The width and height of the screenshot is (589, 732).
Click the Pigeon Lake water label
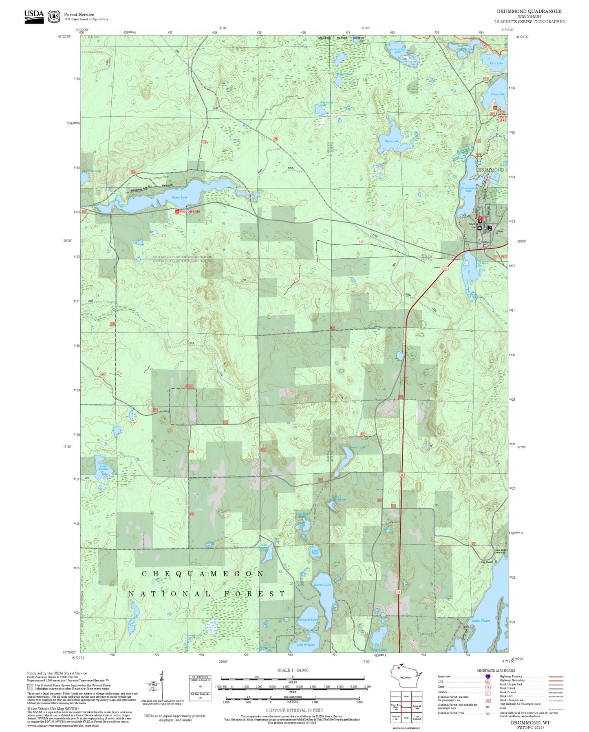179,197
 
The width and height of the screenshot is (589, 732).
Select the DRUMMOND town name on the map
490,170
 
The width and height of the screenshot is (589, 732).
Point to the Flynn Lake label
391,141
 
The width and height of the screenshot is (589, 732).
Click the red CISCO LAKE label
503,119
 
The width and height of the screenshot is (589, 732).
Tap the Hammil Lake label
322,585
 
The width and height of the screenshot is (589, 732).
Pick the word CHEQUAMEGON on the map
203,574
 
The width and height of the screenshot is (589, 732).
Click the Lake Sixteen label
103,467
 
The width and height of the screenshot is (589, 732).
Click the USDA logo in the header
34,16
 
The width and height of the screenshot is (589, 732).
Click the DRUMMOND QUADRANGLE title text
529,11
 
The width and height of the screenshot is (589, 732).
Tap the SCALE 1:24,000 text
292,670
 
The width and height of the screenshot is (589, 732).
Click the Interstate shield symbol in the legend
488,677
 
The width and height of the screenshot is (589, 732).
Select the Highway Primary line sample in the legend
556,677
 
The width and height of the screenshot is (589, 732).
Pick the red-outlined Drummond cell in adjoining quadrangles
406,707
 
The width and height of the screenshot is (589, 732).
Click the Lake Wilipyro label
305,645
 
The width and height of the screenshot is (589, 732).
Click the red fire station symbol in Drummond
480,219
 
